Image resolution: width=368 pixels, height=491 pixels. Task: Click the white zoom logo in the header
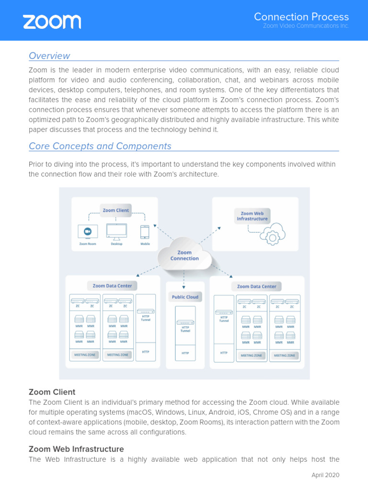coord(52,22)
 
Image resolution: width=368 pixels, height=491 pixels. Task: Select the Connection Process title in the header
coord(301,17)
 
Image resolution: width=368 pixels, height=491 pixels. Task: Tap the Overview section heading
coord(49,56)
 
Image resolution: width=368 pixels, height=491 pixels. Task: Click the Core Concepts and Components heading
coord(100,146)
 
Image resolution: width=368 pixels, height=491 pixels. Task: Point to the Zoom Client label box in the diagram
coord(115,210)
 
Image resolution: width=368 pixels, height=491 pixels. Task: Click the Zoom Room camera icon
coord(88,232)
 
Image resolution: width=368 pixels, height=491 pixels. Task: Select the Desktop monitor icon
coord(116,232)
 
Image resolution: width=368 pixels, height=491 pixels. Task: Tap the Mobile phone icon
coord(145,232)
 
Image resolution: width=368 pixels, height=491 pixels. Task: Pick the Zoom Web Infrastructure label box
coord(252,216)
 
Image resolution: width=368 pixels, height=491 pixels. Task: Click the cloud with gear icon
coord(272,234)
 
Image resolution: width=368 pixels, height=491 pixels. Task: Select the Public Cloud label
coord(185,297)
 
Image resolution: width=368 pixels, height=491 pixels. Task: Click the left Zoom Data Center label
coord(112,286)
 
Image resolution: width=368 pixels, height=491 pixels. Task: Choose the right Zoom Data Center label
coord(257,286)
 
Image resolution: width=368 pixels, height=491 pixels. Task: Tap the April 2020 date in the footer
coord(325,475)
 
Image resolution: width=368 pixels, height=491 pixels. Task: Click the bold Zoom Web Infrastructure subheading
coord(76,449)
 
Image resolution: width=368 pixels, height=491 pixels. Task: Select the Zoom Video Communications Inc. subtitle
coord(306,26)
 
